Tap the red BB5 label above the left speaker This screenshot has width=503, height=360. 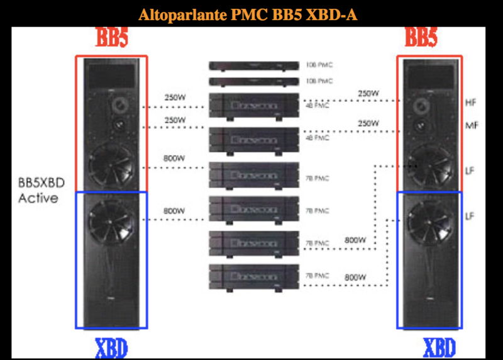click(x=111, y=38)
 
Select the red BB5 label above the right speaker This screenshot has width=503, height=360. click(x=421, y=38)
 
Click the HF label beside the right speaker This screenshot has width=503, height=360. click(x=471, y=102)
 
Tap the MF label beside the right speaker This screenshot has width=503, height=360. click(x=472, y=125)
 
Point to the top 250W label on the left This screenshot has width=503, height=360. click(x=175, y=98)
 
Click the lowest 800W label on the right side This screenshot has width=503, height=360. click(x=355, y=276)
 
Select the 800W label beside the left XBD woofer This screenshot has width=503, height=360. click(x=175, y=211)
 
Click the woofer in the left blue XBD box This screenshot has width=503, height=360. click(x=112, y=220)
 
